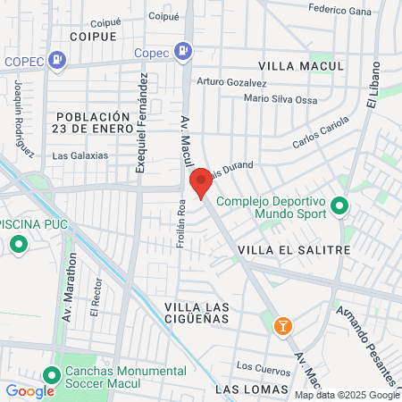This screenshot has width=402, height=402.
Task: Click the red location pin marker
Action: click(201, 182)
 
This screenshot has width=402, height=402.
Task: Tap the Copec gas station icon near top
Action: click(183, 51)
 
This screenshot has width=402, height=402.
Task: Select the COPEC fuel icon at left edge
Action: click(57, 61)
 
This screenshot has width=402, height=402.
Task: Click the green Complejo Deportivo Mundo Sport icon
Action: click(339, 207)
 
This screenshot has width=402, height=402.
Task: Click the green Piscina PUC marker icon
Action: click(17, 244)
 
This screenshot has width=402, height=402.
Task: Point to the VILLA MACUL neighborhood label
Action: click(300, 66)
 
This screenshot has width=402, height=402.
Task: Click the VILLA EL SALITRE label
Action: click(294, 250)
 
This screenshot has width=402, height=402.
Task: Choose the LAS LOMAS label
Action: click(253, 389)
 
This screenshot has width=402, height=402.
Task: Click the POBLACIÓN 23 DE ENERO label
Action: click(94, 123)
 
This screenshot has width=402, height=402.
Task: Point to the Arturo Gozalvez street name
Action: click(231, 81)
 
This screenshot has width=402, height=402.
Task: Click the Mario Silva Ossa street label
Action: click(280, 99)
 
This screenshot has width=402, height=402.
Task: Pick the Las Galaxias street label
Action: click(80, 155)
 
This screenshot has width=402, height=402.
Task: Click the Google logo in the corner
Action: click(29, 390)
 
